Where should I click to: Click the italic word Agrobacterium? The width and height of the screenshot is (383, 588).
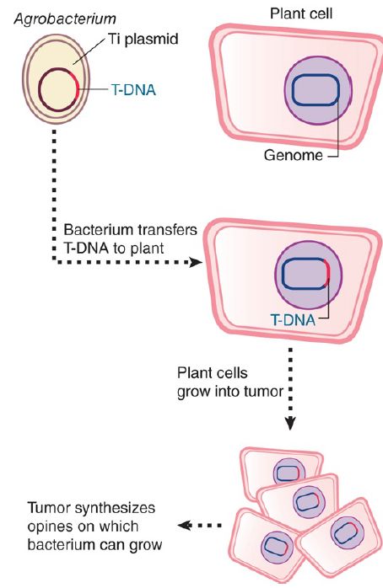coord(65,19)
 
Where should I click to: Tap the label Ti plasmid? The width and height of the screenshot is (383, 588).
coord(143,39)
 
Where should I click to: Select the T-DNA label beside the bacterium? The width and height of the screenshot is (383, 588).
coord(133,90)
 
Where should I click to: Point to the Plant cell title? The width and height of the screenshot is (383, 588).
coord(301,13)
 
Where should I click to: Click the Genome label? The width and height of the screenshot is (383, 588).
coord(294,155)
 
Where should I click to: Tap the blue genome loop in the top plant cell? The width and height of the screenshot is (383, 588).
coord(316,76)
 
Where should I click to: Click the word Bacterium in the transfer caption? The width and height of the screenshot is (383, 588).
coord(98,229)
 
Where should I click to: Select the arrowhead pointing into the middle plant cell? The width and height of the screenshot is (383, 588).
coord(196,262)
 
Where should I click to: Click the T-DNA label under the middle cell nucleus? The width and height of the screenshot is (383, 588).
coord(293,320)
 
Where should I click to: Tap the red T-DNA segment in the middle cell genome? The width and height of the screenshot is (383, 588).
coord(328,271)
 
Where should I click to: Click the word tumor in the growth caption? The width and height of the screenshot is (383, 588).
coord(264,392)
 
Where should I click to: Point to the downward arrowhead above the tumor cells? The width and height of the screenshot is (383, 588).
coord(290,423)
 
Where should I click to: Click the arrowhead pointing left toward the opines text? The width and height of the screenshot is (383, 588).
coord(184,526)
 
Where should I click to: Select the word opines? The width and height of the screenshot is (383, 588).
coord(50,527)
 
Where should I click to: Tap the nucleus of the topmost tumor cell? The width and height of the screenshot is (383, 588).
coord(287,473)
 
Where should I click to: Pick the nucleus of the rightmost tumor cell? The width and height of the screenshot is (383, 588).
coord(348,532)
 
